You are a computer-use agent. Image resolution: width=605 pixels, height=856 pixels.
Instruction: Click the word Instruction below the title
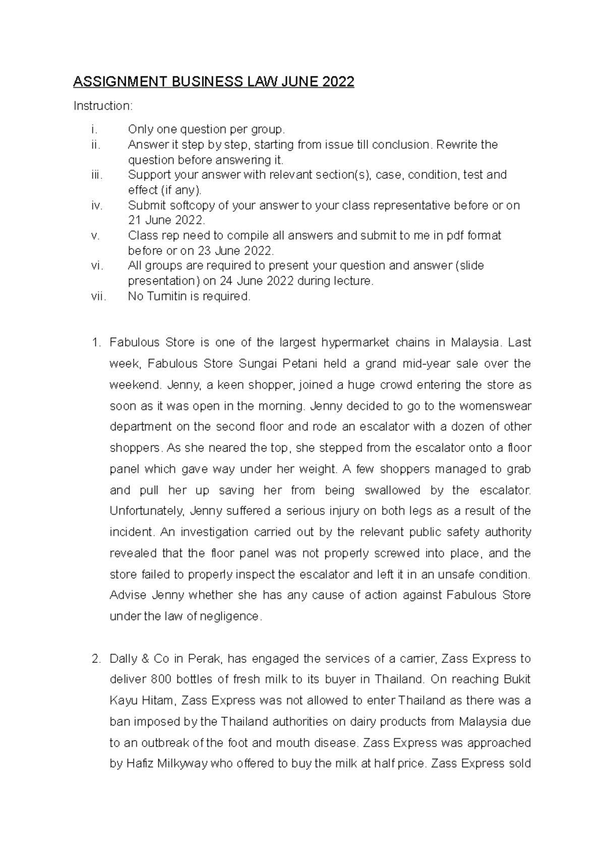click(102, 106)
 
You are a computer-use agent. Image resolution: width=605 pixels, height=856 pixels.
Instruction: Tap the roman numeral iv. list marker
click(97, 206)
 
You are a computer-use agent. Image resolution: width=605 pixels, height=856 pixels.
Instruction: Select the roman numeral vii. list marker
click(99, 296)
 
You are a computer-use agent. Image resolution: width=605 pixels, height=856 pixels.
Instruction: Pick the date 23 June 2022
click(235, 251)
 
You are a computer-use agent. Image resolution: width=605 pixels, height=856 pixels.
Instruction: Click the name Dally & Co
click(134, 659)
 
